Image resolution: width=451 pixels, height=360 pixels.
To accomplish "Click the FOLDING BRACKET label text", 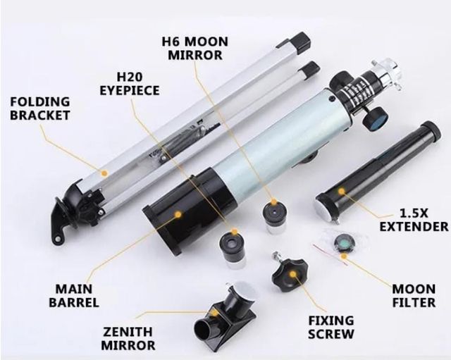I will coord(39,107).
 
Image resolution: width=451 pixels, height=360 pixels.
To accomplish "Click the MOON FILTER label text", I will coord(414,296).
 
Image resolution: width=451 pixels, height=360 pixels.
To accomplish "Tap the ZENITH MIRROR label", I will coord(128,338).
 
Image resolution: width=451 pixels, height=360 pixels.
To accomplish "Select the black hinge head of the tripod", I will coord(78,204).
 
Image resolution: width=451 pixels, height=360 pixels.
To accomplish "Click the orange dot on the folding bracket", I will coord(104,171).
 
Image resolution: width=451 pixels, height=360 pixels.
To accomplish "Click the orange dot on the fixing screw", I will coord(295,273).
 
